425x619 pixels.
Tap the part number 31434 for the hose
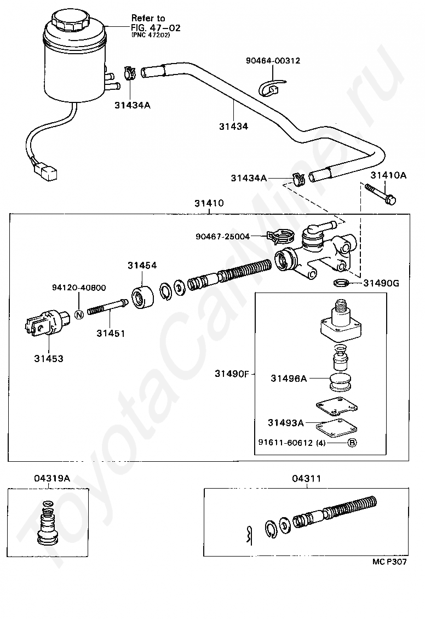(x=233, y=126)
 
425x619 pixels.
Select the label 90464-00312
(x=273, y=61)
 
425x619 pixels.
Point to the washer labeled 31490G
(x=341, y=283)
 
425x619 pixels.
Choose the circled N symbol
(x=78, y=314)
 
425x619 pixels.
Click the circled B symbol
(x=352, y=443)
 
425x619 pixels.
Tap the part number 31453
(x=49, y=359)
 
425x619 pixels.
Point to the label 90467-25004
(x=222, y=237)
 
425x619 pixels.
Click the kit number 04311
(x=306, y=478)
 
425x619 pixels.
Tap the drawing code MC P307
(x=390, y=561)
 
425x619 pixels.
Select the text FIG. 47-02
(x=156, y=26)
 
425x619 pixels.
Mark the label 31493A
(x=285, y=422)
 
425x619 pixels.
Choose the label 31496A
(x=288, y=378)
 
